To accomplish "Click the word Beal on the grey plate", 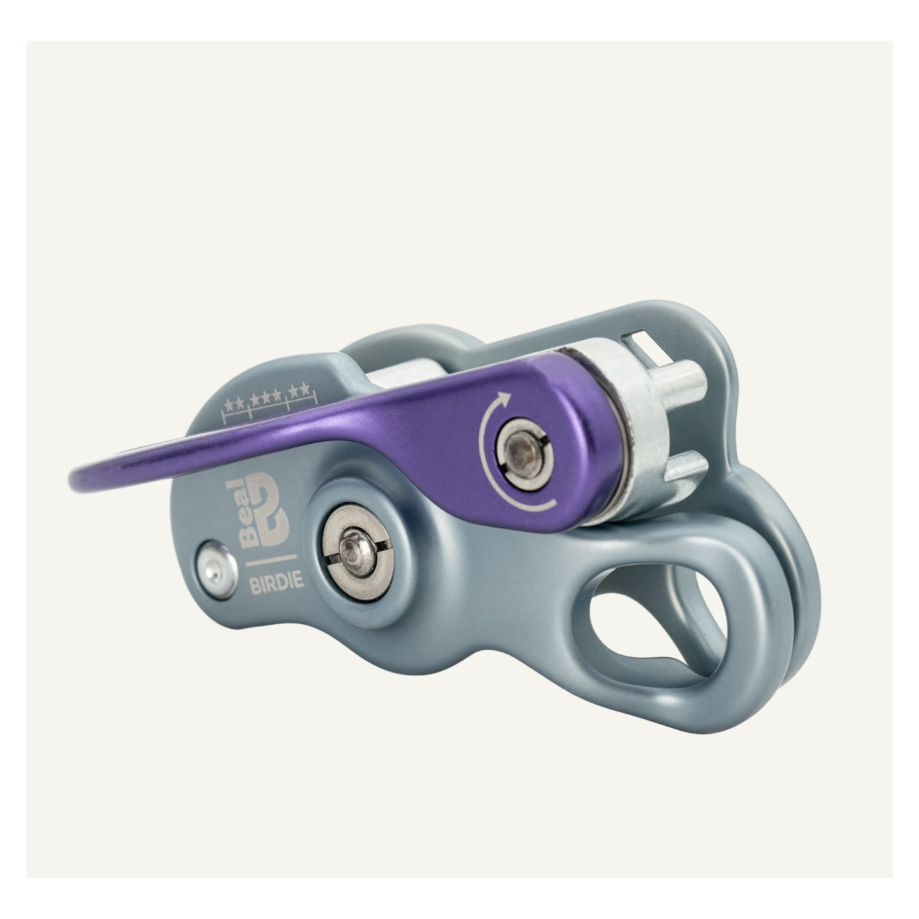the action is tap(249, 514).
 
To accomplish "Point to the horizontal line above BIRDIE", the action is tap(270, 560).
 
